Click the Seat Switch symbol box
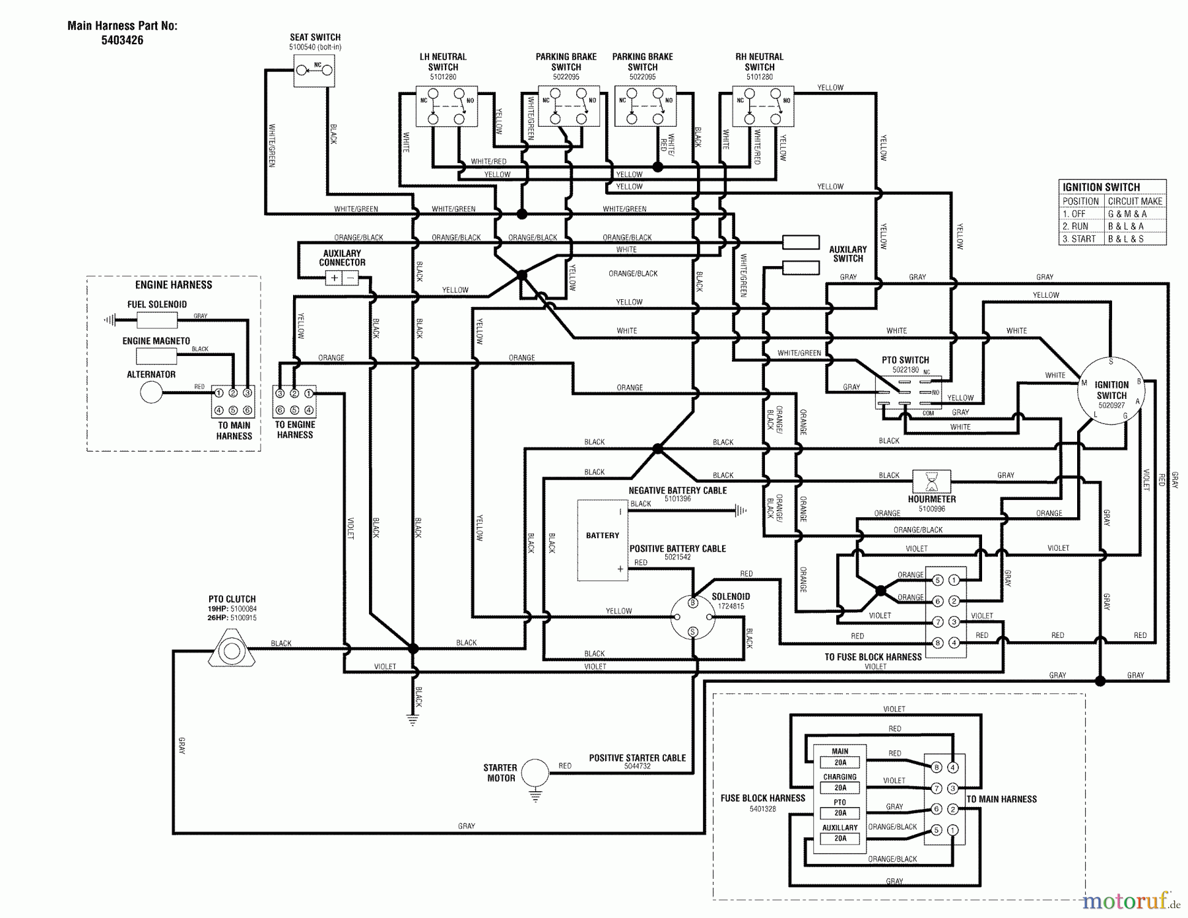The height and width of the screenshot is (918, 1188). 313,70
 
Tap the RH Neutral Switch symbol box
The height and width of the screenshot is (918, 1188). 763,106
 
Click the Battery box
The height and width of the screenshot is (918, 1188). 602,540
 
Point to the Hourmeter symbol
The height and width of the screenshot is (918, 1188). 931,481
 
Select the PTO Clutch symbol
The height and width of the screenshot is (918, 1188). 231,651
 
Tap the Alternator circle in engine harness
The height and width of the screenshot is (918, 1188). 151,393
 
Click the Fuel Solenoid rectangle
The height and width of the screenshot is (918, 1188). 157,321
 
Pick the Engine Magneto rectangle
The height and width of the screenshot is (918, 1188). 156,357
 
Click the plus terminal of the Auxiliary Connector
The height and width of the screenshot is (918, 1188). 335,278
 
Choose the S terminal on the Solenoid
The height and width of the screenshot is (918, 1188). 692,632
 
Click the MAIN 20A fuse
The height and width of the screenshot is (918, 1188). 840,762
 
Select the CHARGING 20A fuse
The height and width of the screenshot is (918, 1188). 840,787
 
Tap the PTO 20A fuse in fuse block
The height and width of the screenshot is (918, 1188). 840,812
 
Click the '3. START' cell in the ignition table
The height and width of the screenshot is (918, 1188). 1080,239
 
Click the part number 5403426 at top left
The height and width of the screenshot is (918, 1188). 122,40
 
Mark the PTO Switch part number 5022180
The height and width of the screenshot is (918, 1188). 906,370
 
